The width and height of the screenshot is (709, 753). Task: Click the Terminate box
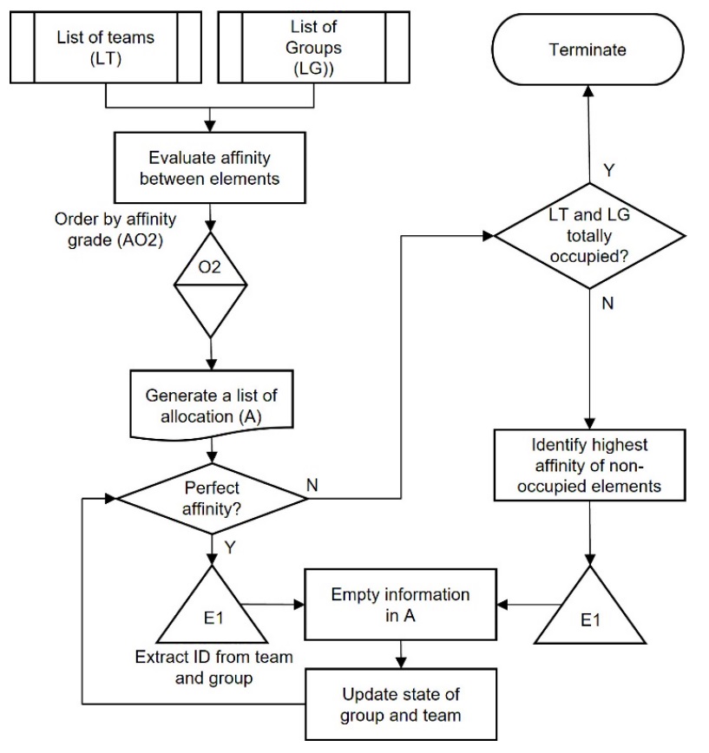588,50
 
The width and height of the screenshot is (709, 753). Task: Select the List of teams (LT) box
105,46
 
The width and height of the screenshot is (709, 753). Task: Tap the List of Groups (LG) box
313,46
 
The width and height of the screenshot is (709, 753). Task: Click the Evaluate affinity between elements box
210,167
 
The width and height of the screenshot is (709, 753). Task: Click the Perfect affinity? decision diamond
211,498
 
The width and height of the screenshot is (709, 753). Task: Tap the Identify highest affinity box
589,467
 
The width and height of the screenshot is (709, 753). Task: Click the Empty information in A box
400,606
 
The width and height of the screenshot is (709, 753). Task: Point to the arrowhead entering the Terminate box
588,91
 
